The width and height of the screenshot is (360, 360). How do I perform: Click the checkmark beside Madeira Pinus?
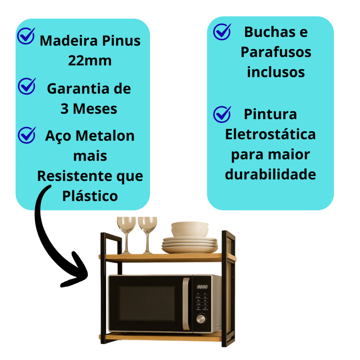26,36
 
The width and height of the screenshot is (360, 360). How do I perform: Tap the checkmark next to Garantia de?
27,86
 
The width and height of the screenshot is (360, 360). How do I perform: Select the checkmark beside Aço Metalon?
27,135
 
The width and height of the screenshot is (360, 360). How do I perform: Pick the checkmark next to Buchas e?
222,32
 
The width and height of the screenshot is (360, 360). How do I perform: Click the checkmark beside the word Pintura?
222,114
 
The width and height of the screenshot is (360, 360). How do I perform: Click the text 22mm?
90,60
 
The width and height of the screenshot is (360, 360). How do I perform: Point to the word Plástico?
90,196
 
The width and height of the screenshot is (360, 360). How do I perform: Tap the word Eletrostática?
270,134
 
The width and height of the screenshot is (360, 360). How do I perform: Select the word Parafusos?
276,52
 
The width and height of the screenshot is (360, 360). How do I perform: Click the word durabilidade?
270,174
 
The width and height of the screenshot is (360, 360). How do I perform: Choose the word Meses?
95,109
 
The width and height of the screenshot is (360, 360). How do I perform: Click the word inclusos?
276,72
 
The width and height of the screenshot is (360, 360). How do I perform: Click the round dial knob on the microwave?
201,319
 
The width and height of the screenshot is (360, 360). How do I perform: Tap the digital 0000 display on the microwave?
202,287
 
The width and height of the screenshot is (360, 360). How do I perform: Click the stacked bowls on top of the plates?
189,229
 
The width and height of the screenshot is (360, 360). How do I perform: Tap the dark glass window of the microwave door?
147,303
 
